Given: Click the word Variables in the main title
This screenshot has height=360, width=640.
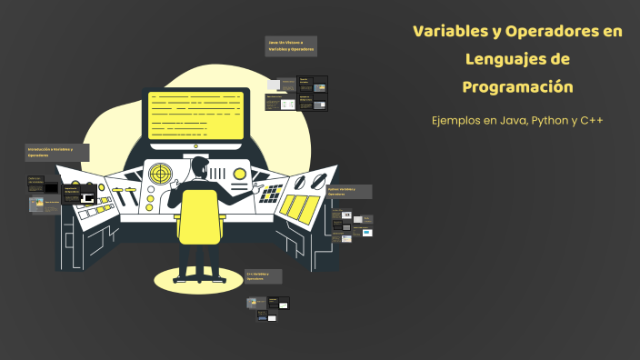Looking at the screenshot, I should pos(449,32).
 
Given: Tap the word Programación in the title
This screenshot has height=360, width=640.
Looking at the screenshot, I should pos(518,87).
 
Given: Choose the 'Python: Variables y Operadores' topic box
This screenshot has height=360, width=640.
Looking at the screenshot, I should pos(347,192).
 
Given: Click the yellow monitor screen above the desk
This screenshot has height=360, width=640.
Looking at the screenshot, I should pos(195,115).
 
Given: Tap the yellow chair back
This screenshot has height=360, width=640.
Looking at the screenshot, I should pos(198,217).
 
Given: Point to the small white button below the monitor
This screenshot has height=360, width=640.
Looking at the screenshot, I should pos(195,145).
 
